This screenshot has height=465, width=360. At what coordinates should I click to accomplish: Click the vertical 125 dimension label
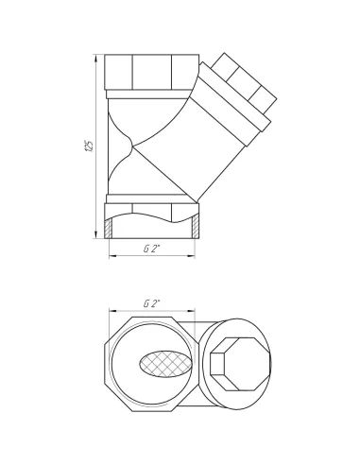pos(90,146)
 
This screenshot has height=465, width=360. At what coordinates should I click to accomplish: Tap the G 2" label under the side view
pos(152,249)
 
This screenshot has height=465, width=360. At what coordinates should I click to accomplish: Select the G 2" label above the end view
pos(152,304)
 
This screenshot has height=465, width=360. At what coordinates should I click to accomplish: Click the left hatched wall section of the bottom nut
pos(109,228)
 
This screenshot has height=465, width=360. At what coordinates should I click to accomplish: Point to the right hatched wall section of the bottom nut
pos(195,227)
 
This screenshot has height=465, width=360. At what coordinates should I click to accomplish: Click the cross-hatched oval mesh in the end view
pos(165,364)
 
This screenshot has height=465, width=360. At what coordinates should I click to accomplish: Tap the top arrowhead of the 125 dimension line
pos(96,59)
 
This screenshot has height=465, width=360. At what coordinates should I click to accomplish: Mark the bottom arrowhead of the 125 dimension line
pos(96,234)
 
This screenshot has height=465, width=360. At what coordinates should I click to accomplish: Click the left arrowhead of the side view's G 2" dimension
pos(113,256)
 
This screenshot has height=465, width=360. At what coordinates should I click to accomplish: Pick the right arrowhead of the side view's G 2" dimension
pos(191,256)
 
